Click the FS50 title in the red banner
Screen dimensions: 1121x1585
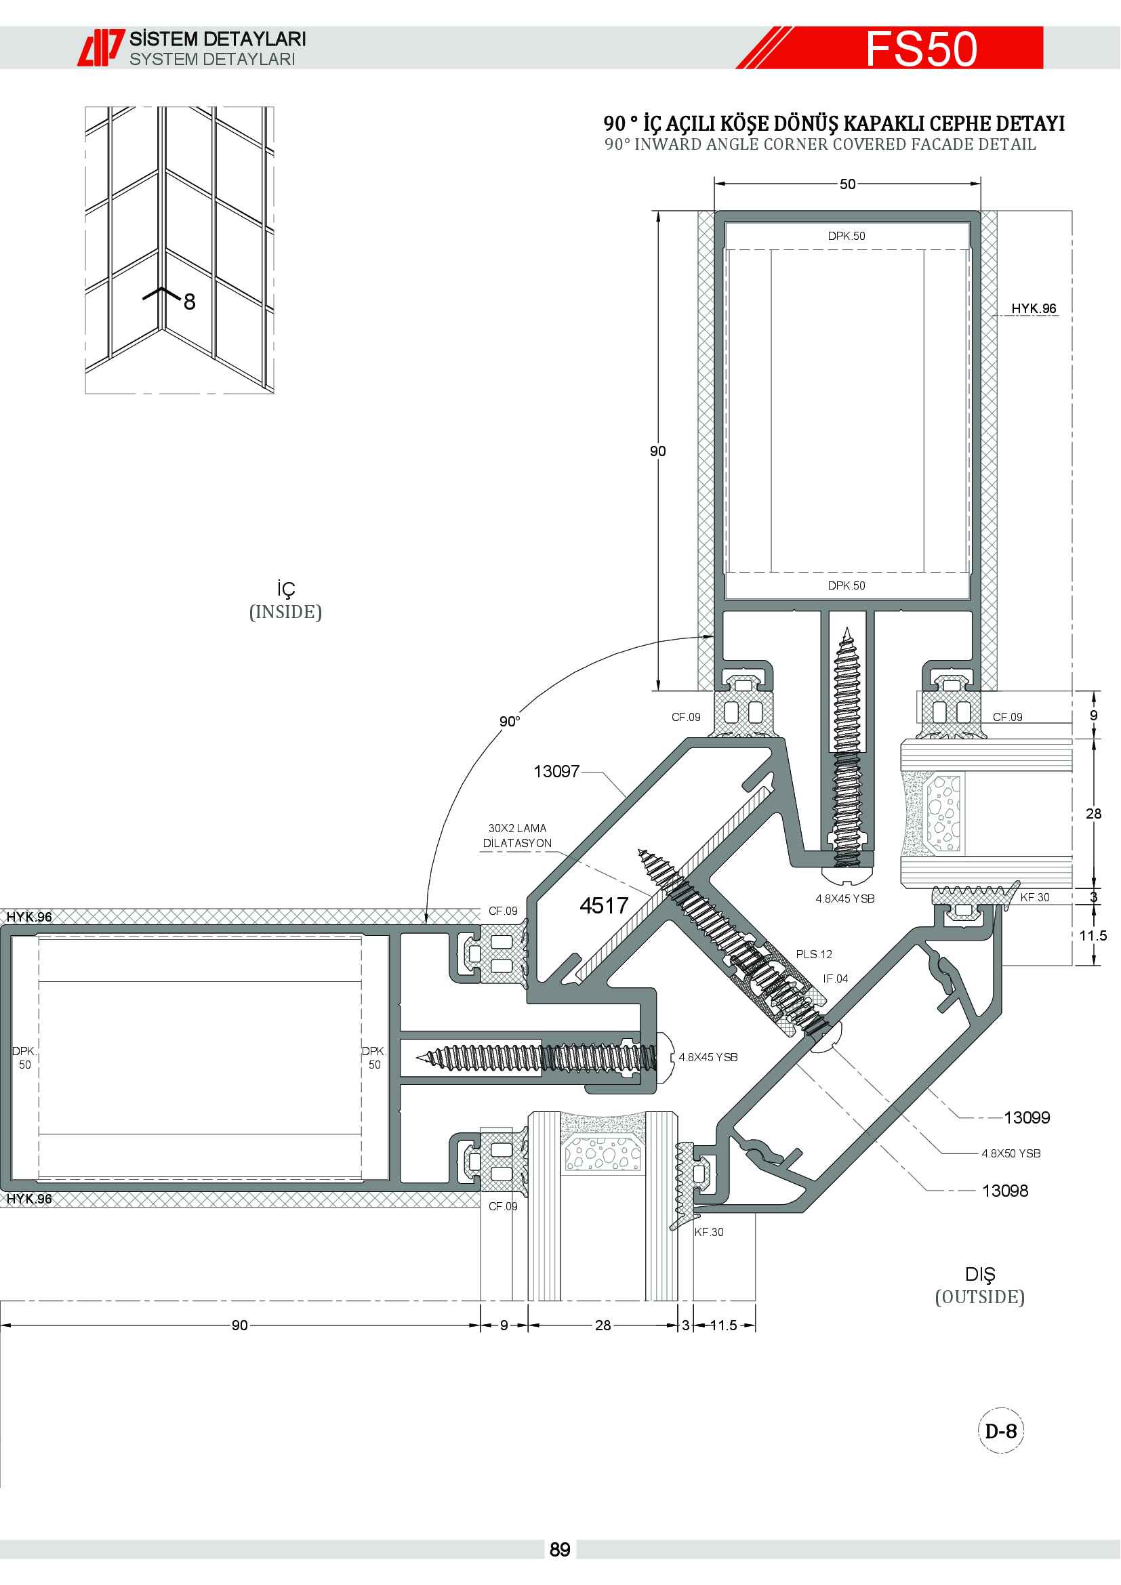[x=921, y=49]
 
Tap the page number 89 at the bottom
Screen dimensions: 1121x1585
[x=560, y=1549]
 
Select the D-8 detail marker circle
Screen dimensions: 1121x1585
[x=1001, y=1430]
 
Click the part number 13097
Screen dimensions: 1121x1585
[x=556, y=771]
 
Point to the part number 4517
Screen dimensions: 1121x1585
[x=604, y=905]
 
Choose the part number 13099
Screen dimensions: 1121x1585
[x=1026, y=1117]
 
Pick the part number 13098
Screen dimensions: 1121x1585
[x=1004, y=1190]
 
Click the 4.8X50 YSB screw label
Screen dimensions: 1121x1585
[x=1011, y=1153]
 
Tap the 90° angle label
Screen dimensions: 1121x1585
[x=510, y=722]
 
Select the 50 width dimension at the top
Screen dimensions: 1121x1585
[x=848, y=184]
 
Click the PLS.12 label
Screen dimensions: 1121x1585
[x=814, y=954]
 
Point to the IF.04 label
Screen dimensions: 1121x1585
[x=835, y=979]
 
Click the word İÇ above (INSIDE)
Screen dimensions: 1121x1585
[x=286, y=589]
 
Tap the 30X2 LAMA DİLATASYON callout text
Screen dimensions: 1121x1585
[x=517, y=836]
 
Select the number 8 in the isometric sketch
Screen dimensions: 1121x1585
[x=189, y=302]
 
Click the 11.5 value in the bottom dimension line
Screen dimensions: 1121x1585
[x=722, y=1325]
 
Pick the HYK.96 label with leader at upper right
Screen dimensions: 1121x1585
[x=1034, y=308]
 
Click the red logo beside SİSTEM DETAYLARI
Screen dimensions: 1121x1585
[x=101, y=47]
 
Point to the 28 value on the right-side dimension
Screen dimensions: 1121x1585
[x=1093, y=813]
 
